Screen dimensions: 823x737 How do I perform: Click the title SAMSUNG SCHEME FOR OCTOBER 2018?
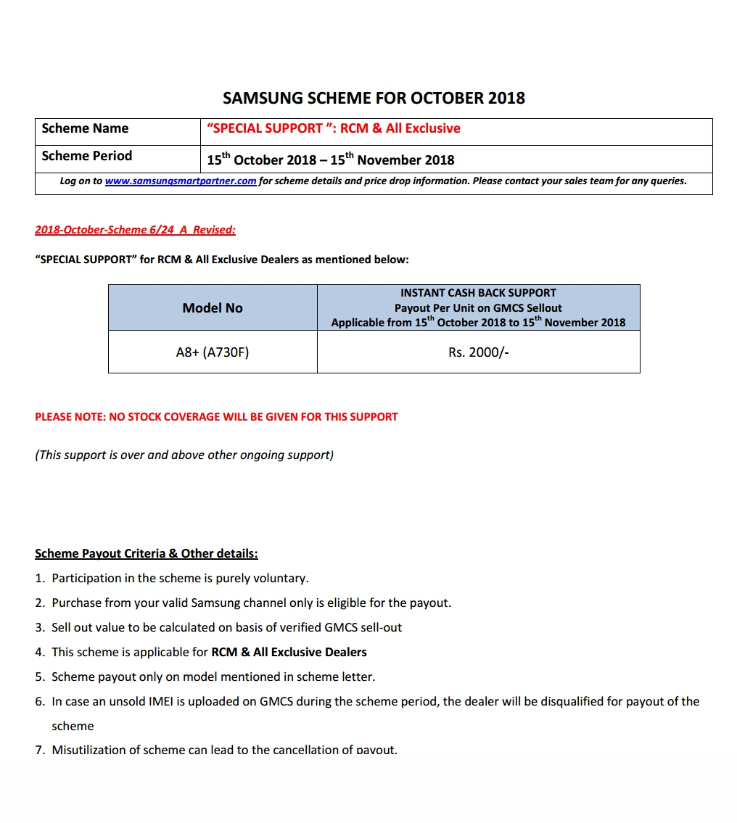(374, 98)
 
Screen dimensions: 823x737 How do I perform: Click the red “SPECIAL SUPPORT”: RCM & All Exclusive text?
(334, 129)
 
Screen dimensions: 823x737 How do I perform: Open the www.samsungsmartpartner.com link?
(181, 181)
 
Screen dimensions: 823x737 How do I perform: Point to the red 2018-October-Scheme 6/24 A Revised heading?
(136, 230)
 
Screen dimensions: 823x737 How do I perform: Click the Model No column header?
(213, 308)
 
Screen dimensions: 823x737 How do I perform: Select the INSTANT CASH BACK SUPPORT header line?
(478, 293)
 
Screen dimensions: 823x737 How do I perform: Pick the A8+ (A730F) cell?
(213, 352)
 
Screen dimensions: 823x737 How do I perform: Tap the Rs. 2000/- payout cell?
(478, 352)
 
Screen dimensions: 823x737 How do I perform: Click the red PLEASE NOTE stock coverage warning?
(216, 417)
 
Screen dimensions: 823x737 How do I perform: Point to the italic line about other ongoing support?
(184, 455)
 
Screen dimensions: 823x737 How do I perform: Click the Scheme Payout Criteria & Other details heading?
(147, 554)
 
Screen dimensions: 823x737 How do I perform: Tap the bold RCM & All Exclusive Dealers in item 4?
(289, 653)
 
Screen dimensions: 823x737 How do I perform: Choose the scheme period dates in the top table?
(331, 160)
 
